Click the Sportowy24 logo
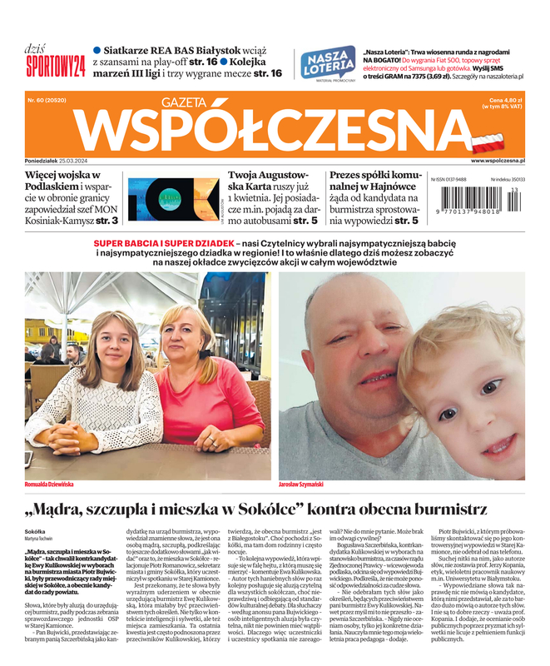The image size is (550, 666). [x=55, y=65]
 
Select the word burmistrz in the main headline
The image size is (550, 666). [x=449, y=508]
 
